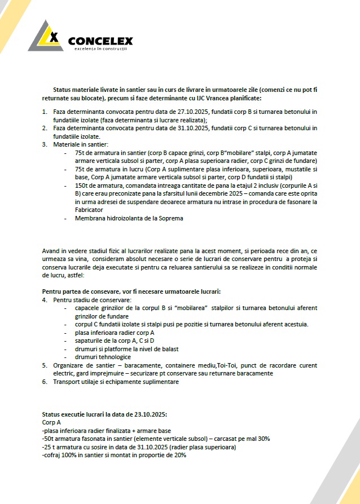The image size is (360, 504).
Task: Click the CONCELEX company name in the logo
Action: pos(100,41)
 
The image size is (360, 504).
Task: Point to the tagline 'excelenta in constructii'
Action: pos(100,50)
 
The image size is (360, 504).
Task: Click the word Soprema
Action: pos(169,218)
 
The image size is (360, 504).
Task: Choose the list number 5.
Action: pos(45,365)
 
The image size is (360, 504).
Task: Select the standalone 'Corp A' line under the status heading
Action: pos(51,422)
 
